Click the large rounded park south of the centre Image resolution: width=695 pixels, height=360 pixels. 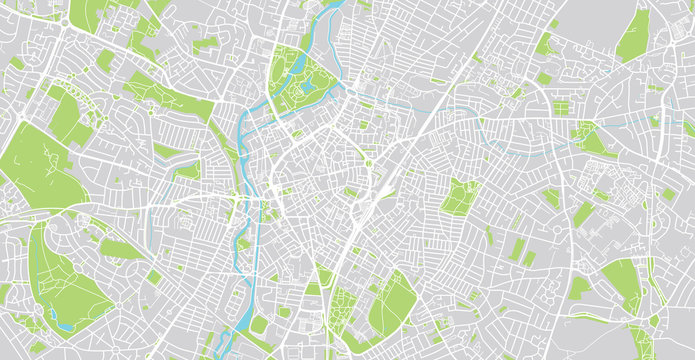[x=392, y=303]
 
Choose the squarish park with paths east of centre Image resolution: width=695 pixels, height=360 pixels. [x=460, y=196]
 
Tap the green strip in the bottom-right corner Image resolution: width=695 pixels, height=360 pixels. [x=640, y=340]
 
